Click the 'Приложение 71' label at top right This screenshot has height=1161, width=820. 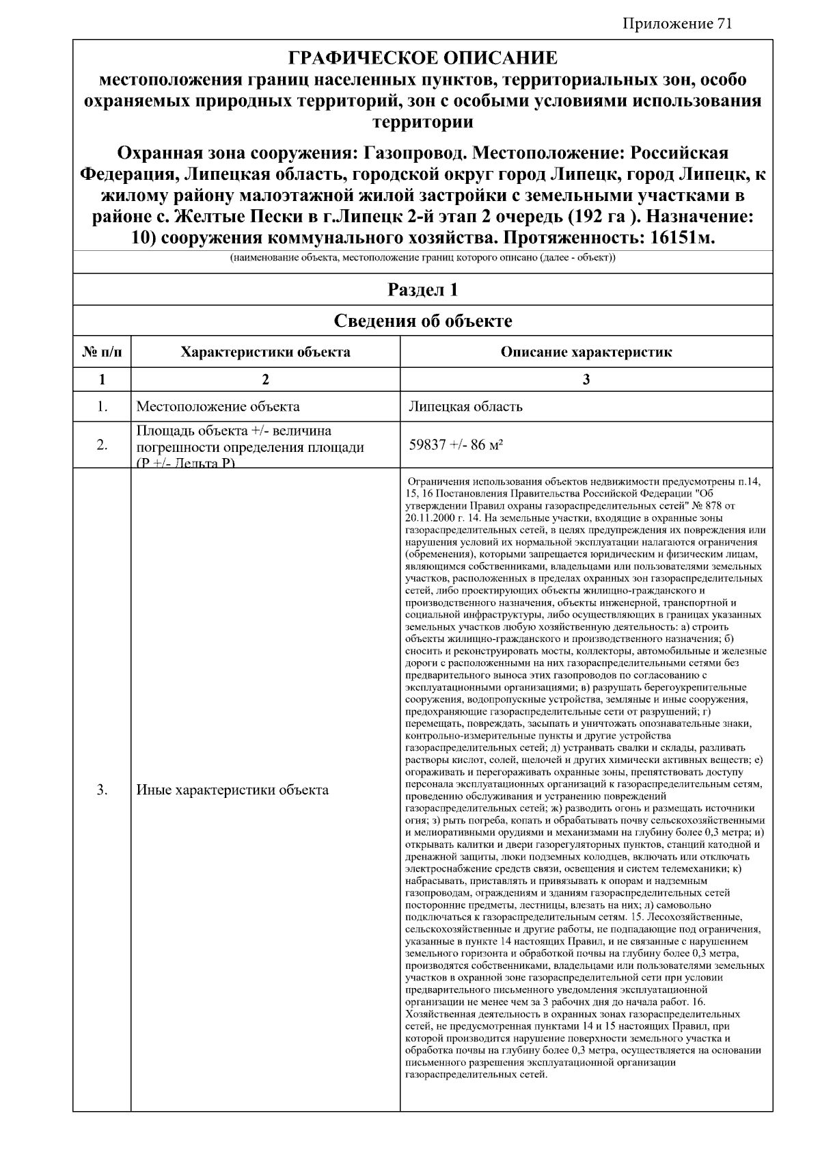click(677, 24)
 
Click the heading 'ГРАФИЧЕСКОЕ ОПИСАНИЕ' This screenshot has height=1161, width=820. click(423, 57)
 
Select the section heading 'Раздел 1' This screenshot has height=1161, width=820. click(423, 290)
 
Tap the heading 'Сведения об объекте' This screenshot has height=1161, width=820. click(423, 321)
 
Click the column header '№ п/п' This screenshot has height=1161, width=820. click(102, 352)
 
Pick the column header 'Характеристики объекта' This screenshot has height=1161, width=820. click(265, 352)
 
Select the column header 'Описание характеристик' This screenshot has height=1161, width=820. click(586, 352)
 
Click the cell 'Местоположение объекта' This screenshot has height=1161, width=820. click(218, 407)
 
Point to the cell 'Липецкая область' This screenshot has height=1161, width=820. click(465, 407)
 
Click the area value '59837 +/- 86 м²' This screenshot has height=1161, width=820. click(456, 444)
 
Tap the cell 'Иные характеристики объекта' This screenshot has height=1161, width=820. click(232, 790)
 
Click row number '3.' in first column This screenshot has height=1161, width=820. click(102, 790)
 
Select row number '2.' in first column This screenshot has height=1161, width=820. click(102, 445)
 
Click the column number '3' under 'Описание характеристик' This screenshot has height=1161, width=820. click(586, 380)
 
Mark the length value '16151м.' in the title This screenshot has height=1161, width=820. click(672, 239)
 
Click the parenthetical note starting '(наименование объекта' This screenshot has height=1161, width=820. click(423, 258)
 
